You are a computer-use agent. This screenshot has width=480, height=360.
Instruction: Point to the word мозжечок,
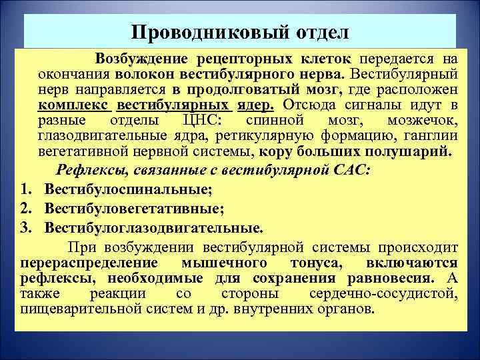422,121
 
